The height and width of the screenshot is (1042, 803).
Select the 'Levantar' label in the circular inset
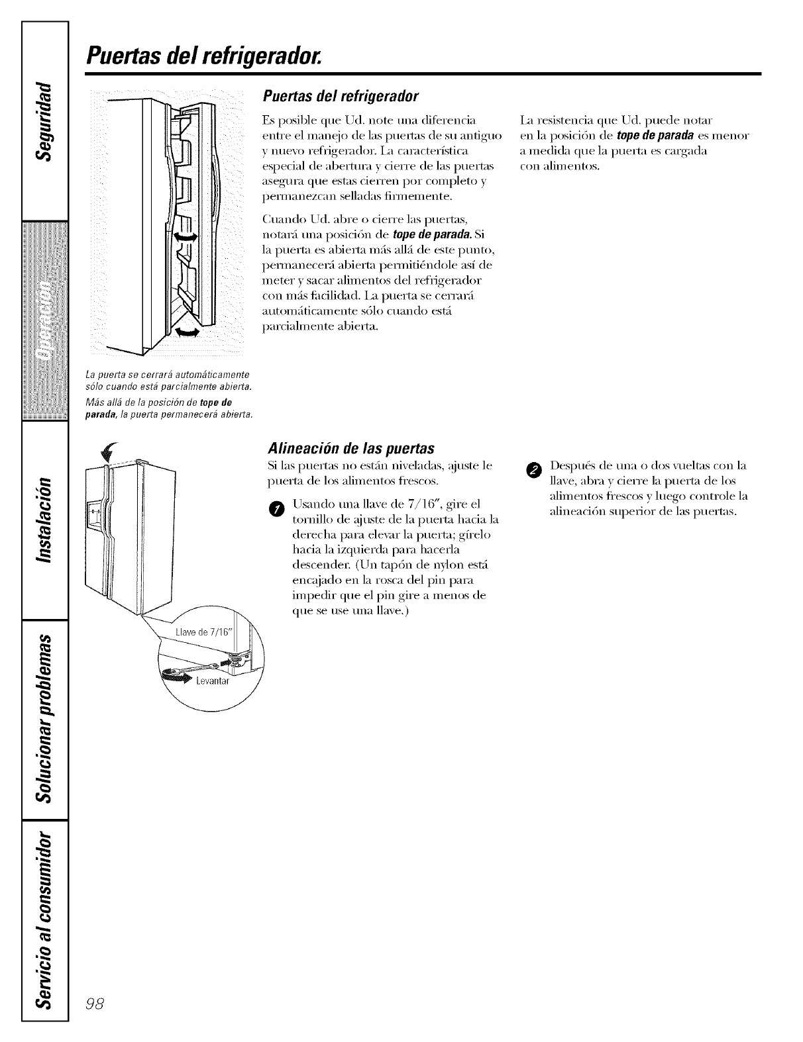[x=211, y=681]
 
